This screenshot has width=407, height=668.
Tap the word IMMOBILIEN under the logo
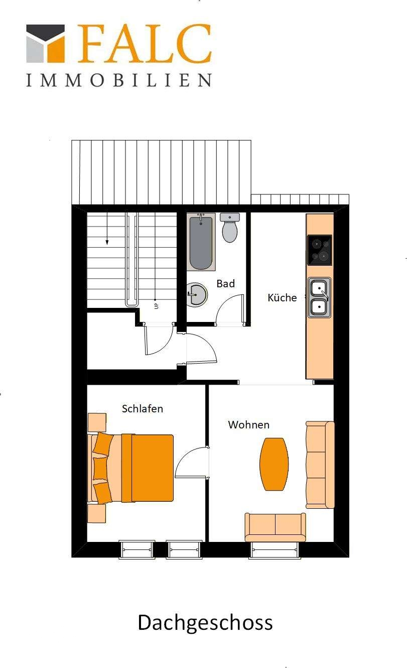119,80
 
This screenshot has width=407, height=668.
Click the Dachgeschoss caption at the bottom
205,622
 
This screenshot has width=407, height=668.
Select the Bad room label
225,284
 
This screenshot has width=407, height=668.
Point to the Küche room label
282,298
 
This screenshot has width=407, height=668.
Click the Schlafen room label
143,409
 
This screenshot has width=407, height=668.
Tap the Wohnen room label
248,425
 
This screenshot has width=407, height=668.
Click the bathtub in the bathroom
201,242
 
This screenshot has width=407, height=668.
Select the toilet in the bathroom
230,229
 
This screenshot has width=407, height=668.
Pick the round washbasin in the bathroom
197,294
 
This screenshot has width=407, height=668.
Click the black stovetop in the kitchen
319,250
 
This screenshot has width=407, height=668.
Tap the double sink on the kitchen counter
319,297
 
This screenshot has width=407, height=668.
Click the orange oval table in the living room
274,464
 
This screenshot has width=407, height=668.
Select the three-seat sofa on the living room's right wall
320,465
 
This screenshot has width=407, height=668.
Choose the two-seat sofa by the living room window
275,527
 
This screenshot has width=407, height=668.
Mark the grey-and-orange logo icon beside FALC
46,43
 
